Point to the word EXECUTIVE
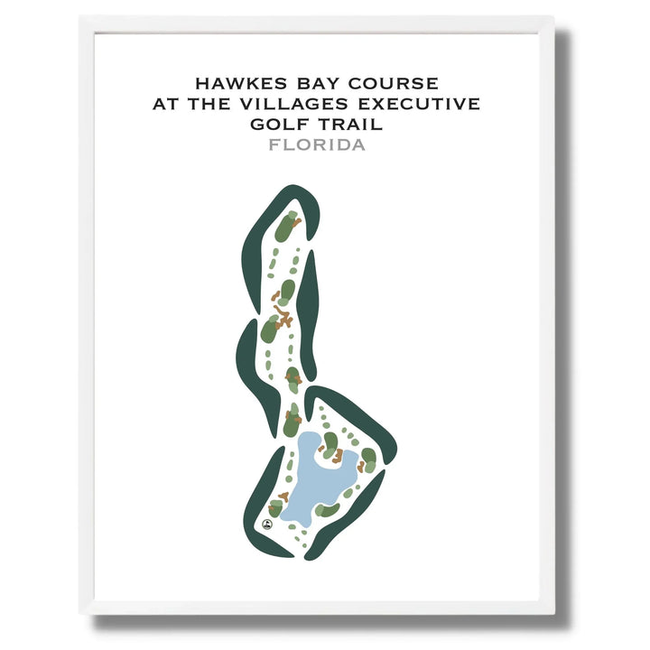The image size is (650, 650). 416,105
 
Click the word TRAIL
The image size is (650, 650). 357,125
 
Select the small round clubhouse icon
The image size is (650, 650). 267,524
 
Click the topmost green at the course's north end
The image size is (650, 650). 287,226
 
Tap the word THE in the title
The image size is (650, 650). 209,105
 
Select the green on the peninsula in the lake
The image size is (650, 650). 331,442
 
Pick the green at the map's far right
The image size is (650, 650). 368,457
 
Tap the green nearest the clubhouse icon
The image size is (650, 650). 276,508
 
